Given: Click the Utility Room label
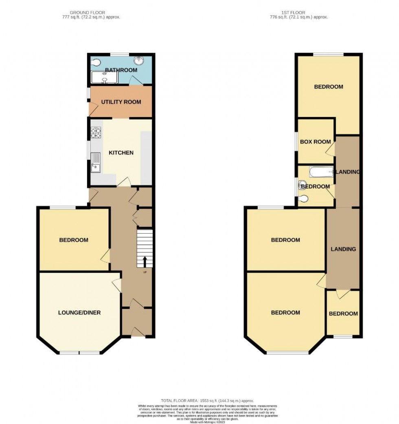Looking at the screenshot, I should (121, 102).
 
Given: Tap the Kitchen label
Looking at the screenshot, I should (121, 153).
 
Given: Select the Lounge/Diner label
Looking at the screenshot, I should (79, 313).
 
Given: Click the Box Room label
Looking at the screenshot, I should (316, 142).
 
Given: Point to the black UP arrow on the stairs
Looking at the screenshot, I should (145, 261).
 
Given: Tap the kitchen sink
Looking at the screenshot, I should (96, 162).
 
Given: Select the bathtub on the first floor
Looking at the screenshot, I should (321, 172).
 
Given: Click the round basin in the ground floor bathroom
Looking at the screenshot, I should (140, 61).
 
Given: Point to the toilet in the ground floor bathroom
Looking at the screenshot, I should (96, 63).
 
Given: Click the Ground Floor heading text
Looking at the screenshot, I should (90, 13).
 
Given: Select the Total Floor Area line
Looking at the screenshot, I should (208, 401).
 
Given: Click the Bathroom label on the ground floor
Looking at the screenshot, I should (121, 70).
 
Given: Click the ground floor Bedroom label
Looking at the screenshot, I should (74, 240).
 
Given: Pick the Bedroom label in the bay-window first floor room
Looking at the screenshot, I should (286, 313).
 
